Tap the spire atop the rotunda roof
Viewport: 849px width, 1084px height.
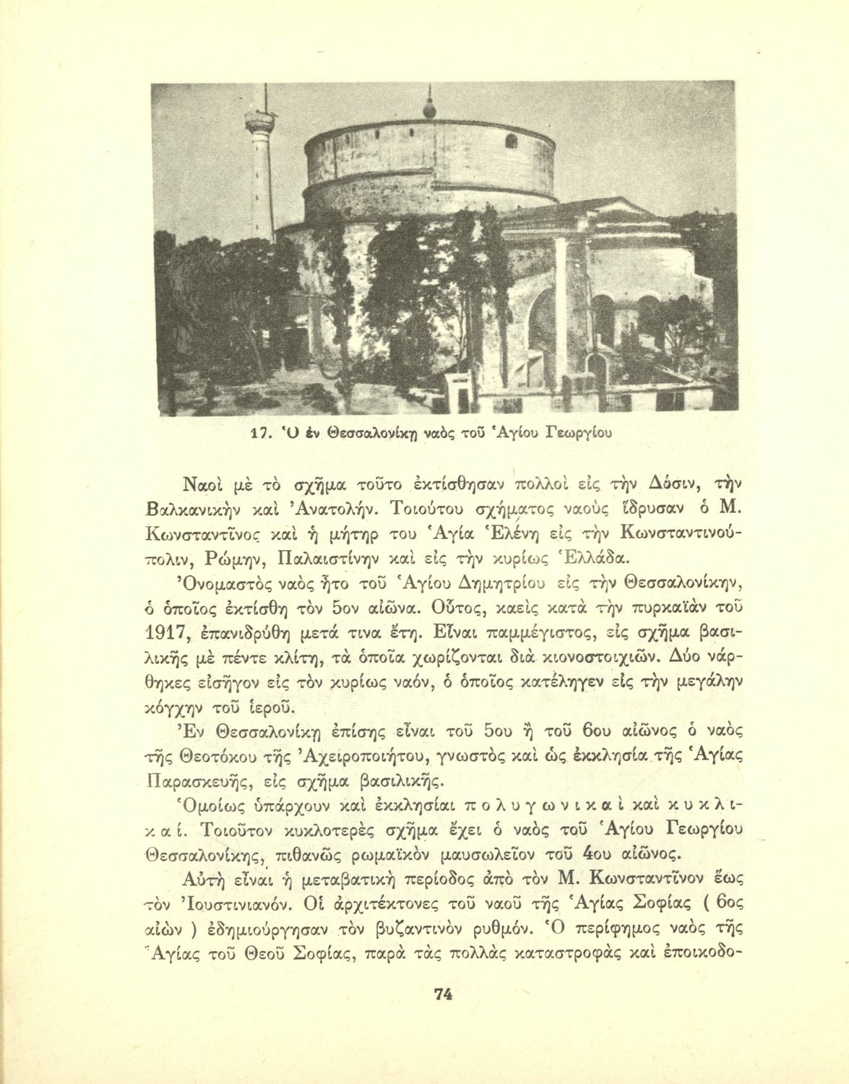click(x=431, y=106)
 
